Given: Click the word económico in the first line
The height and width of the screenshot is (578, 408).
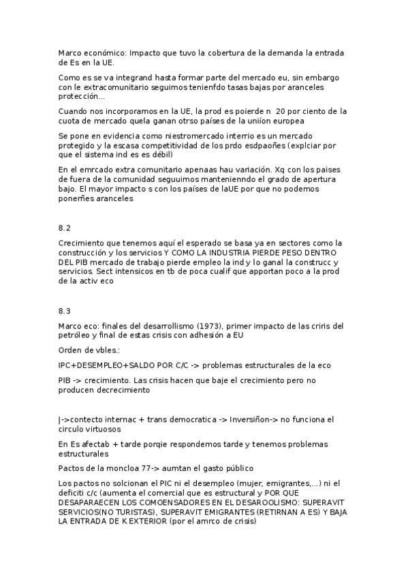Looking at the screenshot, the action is click(x=102, y=52).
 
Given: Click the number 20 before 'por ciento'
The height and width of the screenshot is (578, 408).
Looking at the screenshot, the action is click(x=280, y=111).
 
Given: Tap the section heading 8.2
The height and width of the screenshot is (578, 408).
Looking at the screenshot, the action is click(x=65, y=228).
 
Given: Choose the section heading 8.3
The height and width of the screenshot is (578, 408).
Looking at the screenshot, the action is click(x=65, y=311).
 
